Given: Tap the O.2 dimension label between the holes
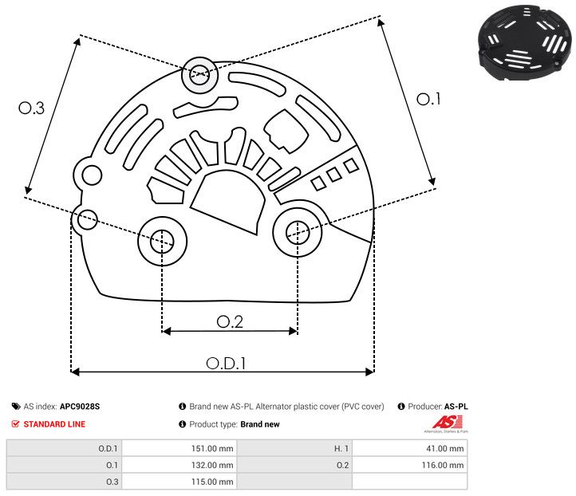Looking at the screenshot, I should [x=230, y=321].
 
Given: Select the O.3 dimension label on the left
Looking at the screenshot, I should [x=31, y=108].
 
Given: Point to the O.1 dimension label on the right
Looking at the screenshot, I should [x=429, y=99].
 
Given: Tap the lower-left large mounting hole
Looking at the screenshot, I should [x=162, y=239].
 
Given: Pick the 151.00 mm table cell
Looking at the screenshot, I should [x=180, y=449].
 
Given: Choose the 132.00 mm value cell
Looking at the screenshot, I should [x=180, y=465].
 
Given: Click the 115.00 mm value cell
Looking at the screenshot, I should [x=180, y=481].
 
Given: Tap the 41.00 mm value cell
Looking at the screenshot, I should [x=409, y=449].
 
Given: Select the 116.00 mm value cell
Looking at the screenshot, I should [x=409, y=465].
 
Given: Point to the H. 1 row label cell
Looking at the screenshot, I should [x=295, y=449].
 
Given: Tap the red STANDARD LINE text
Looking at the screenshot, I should [x=54, y=424].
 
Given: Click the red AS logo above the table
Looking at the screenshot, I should [x=444, y=422].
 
